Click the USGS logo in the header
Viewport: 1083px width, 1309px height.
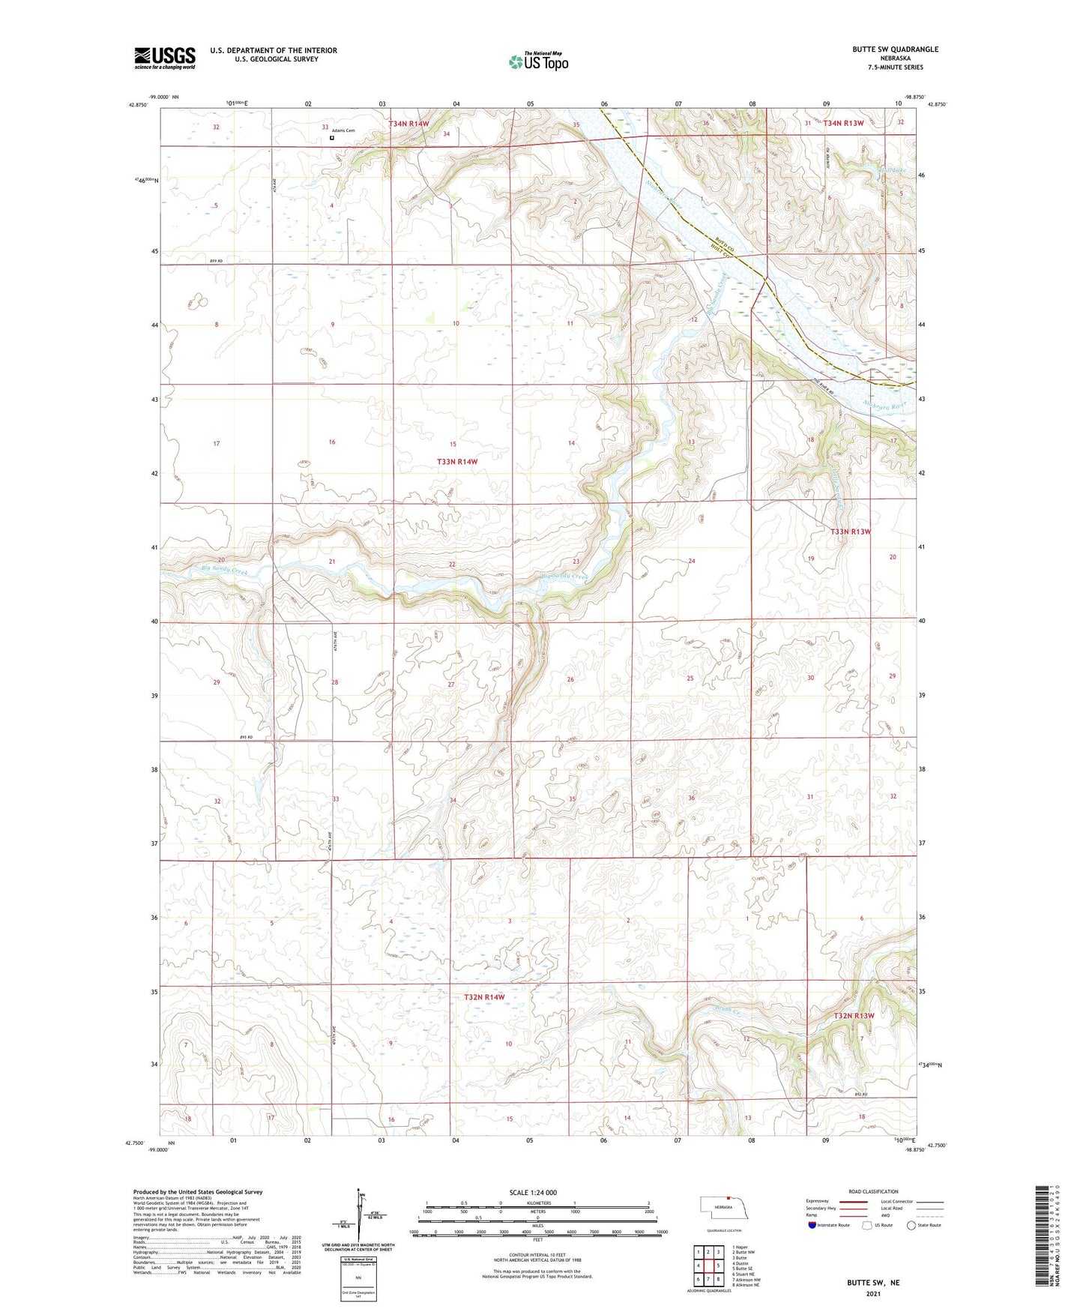[x=164, y=58]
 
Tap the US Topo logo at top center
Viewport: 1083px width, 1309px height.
[x=538, y=61]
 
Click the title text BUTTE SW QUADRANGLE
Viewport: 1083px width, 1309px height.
[x=895, y=49]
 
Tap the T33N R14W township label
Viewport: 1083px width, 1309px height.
[x=456, y=462]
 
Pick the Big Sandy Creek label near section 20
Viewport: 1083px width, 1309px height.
[x=204, y=571]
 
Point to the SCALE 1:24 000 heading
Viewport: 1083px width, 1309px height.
[x=533, y=1193]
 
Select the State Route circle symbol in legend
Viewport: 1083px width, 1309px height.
[x=911, y=1225]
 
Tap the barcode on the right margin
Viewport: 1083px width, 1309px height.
[x=1048, y=1233]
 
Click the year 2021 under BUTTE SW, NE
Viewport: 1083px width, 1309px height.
[x=873, y=1293]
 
